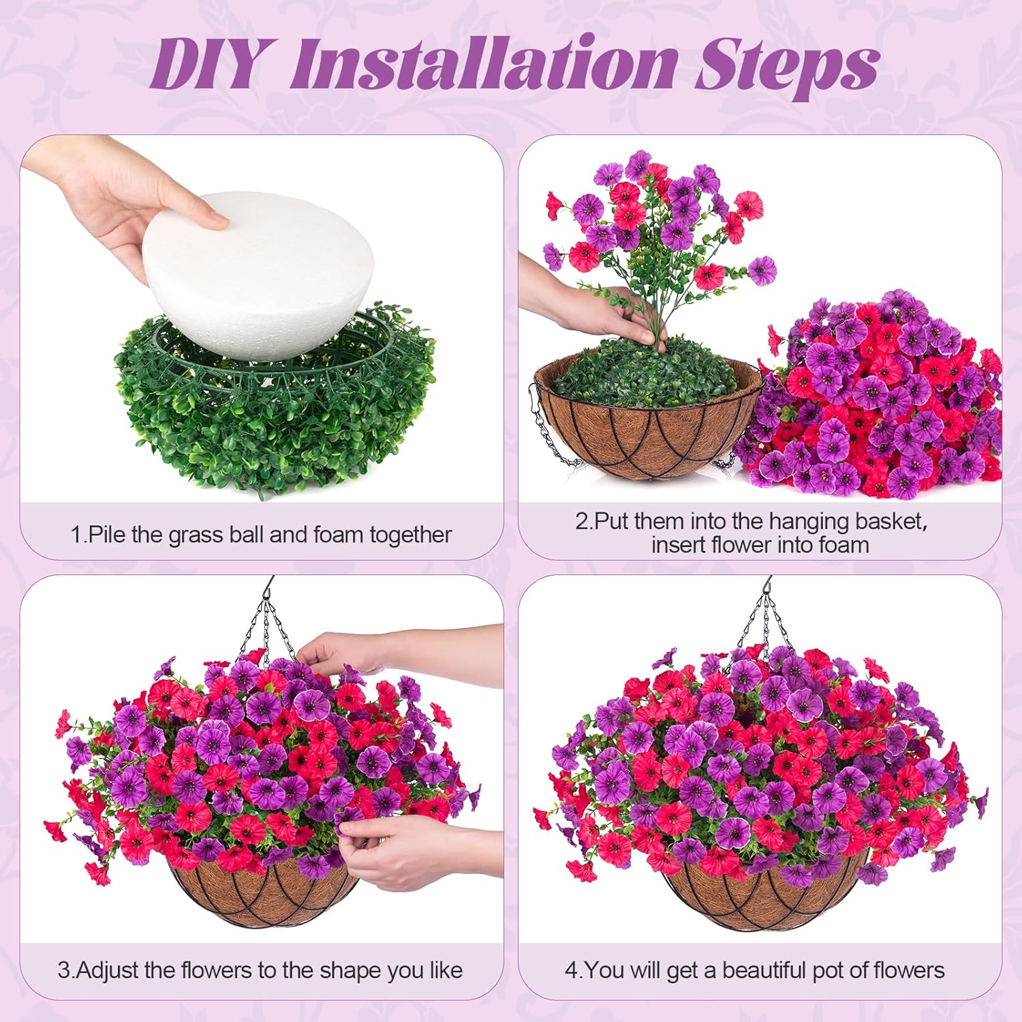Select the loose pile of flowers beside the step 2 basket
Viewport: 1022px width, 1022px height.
coord(879,402)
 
